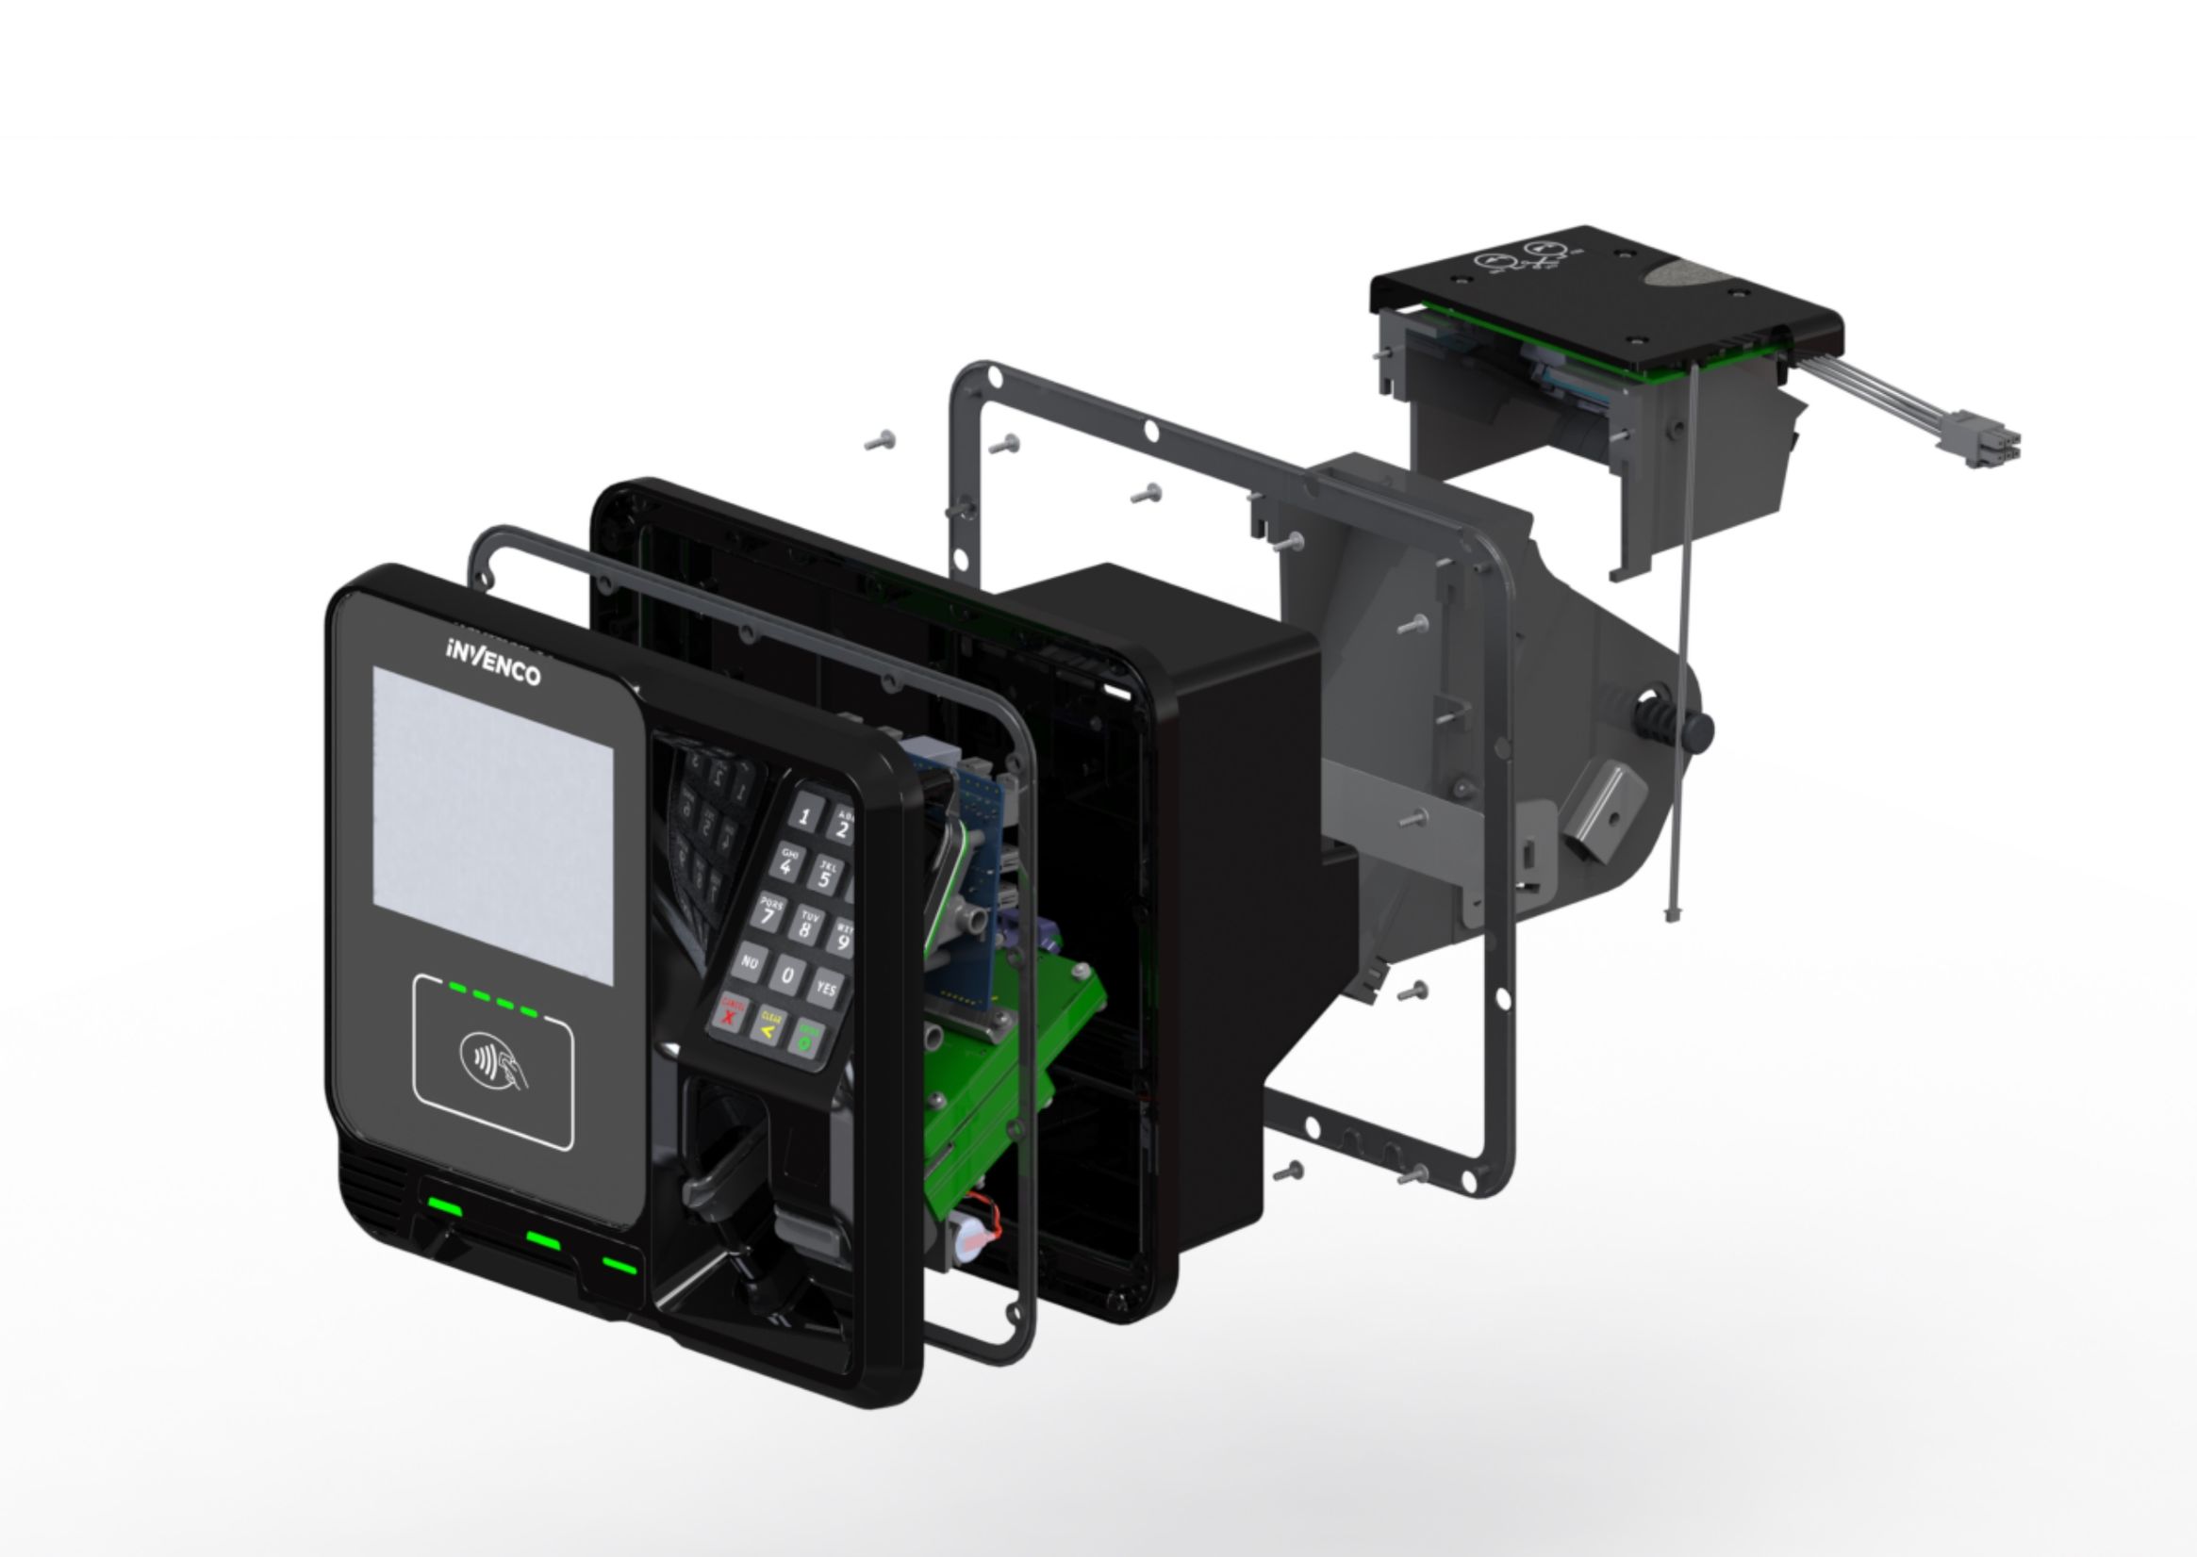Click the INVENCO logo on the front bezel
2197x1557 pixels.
point(493,661)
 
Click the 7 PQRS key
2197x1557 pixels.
point(768,911)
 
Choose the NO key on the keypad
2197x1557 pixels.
point(749,960)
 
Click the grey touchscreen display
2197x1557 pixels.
point(493,825)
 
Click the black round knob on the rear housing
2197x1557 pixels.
point(1698,731)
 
